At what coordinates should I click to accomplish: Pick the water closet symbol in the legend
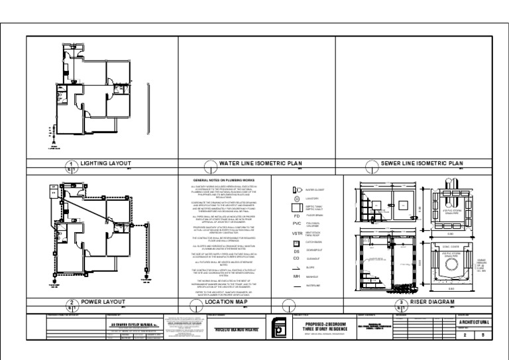click(298, 190)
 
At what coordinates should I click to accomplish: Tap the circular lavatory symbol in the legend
click(298, 198)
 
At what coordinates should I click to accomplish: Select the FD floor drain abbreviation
click(298, 215)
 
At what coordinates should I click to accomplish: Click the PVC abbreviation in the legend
click(297, 224)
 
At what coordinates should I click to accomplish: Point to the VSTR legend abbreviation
click(298, 233)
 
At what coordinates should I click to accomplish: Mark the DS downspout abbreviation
click(297, 251)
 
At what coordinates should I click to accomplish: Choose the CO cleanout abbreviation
click(297, 259)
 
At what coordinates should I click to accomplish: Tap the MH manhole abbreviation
click(297, 276)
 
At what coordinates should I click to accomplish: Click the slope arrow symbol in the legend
click(298, 268)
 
